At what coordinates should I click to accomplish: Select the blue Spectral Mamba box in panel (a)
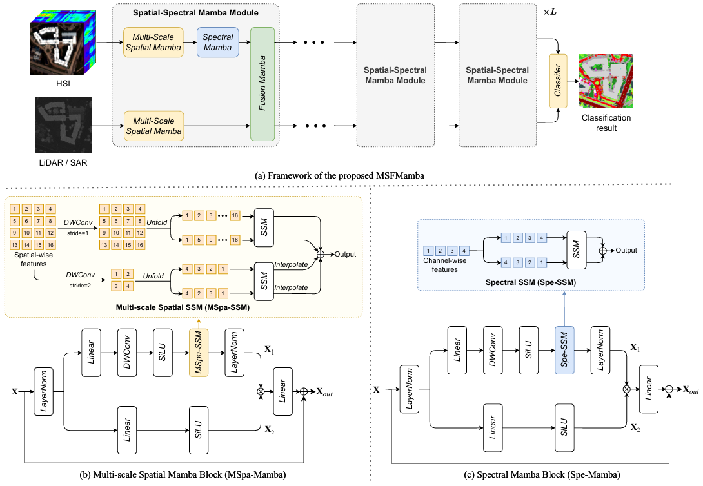coord(218,43)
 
